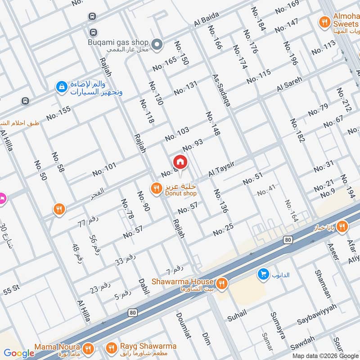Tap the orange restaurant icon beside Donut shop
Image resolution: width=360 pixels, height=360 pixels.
[x=156, y=188]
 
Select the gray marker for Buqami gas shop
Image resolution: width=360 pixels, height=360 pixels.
[x=157, y=44]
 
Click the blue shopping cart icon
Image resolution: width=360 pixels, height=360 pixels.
[x=263, y=273]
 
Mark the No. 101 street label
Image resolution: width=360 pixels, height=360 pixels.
[x=104, y=169]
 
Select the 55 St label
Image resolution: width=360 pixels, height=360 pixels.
[x=12, y=292]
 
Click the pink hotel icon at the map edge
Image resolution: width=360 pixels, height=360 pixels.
[x=1, y=198]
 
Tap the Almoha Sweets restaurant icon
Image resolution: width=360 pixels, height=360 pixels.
[x=323, y=21]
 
